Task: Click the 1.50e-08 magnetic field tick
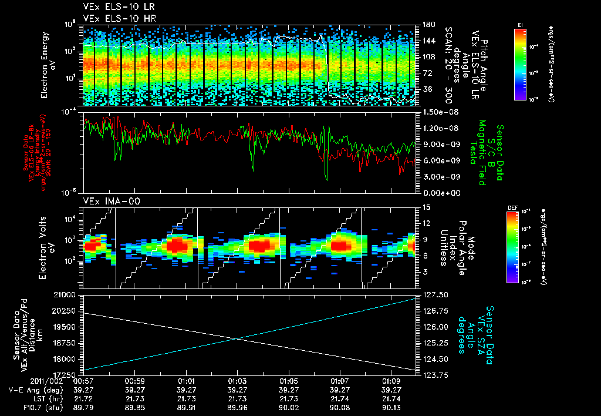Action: coord(435,112)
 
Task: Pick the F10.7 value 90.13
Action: coord(391,407)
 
